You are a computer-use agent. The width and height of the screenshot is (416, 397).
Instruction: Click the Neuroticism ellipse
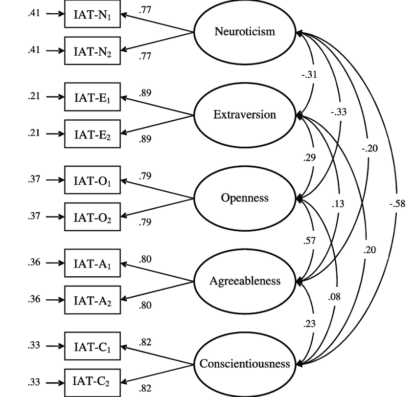[245, 32]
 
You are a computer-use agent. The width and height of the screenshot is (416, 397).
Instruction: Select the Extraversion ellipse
[245, 115]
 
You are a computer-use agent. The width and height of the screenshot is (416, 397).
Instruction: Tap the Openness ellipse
[245, 198]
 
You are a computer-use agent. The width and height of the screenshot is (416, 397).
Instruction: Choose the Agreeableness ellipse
[245, 281]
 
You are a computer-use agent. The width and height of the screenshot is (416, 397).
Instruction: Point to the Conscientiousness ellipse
[245, 364]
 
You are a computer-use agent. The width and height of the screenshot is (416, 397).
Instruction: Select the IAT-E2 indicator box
[92, 133]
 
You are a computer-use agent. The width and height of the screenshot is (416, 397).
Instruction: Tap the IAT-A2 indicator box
[92, 299]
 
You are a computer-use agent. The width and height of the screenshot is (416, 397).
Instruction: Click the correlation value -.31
[310, 75]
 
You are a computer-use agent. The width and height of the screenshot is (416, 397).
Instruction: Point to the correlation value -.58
[397, 204]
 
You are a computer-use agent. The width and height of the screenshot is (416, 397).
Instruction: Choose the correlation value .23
[309, 324]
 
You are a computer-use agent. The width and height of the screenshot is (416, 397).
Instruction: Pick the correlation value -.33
[338, 112]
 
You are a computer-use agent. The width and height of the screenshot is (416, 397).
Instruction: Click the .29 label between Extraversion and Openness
[309, 157]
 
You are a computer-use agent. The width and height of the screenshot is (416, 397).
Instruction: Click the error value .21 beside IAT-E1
[34, 97]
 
